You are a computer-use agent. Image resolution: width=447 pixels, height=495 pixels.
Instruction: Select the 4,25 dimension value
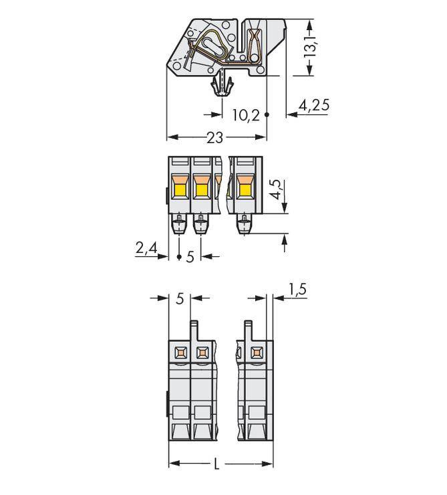pyautogui.click(x=314, y=105)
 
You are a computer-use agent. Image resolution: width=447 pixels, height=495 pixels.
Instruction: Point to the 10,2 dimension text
pyautogui.click(x=245, y=116)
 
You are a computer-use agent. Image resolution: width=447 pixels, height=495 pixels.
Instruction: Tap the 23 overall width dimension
pyautogui.click(x=214, y=138)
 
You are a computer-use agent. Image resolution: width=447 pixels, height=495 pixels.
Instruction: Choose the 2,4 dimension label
pyautogui.click(x=146, y=248)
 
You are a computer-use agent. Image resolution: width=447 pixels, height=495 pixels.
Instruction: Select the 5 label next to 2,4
pyautogui.click(x=190, y=257)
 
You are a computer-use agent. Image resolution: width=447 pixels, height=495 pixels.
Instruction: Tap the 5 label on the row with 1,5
pyautogui.click(x=179, y=299)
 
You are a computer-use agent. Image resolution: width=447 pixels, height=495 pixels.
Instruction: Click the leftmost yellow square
pyautogui.click(x=180, y=191)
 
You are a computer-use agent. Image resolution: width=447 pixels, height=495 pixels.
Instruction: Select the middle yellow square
pyautogui.click(x=201, y=191)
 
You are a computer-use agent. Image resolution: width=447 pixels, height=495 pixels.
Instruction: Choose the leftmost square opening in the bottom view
pyautogui.click(x=180, y=352)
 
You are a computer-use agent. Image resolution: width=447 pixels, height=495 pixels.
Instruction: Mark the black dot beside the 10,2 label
pyautogui.click(x=267, y=115)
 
